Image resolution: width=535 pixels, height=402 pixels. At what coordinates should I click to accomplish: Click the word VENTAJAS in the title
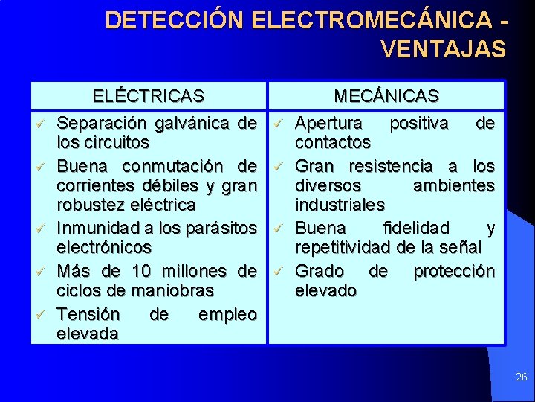point(443,49)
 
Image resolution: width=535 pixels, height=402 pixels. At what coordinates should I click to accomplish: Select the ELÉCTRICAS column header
point(149,96)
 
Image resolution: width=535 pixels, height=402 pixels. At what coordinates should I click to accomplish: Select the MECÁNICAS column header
point(386,96)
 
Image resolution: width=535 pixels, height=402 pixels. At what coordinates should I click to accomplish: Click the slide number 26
point(521,377)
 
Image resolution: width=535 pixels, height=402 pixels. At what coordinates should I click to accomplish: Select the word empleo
point(227,315)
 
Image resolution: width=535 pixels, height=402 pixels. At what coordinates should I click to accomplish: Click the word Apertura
point(329,122)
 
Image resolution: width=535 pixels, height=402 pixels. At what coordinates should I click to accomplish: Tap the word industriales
point(340,204)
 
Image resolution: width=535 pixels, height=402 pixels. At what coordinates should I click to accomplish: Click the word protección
point(453,270)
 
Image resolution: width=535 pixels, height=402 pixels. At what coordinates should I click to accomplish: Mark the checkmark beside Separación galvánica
point(43,122)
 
